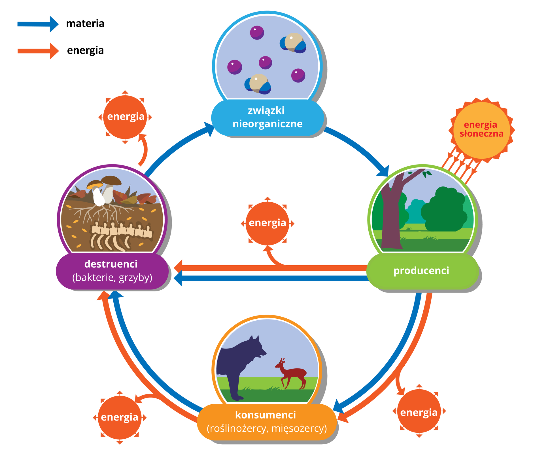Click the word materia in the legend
point(85,24)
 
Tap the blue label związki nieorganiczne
point(267,117)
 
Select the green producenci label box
point(422,271)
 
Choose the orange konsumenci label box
point(266,422)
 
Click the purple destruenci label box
point(112,271)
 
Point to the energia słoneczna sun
point(481,129)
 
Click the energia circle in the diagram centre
point(267,223)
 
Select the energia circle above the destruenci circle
point(125,117)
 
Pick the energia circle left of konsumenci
point(119,417)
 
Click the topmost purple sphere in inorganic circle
point(257,32)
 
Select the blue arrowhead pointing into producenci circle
point(384,172)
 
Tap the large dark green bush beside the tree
point(443,210)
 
